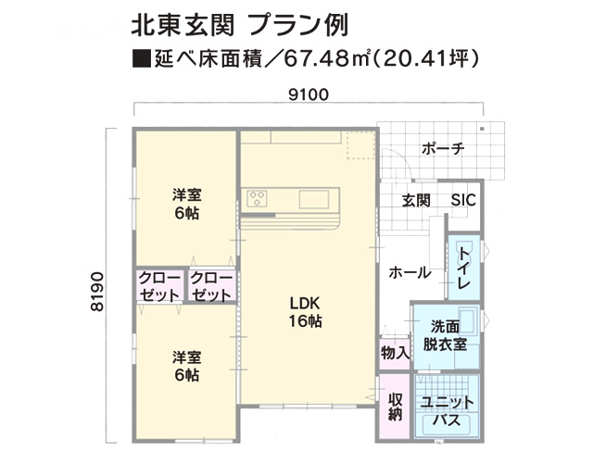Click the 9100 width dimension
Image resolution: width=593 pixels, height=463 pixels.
[309, 94]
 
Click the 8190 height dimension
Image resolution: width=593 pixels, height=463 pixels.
[97, 292]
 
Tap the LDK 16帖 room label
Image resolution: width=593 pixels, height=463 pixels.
[305, 312]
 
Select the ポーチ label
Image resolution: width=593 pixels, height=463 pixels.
[443, 148]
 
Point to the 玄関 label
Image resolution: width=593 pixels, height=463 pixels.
[416, 200]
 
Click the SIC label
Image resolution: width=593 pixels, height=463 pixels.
[463, 200]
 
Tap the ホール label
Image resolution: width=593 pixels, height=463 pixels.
[410, 272]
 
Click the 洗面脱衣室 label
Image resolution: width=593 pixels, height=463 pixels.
[445, 335]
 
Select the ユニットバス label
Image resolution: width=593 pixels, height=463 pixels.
[447, 411]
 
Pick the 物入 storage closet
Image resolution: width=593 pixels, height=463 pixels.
[395, 354]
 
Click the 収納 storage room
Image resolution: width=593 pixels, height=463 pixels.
[396, 407]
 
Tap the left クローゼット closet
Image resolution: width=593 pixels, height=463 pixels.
[159, 286]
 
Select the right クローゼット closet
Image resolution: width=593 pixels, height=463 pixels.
[212, 286]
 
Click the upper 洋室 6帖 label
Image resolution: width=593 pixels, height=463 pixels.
[186, 204]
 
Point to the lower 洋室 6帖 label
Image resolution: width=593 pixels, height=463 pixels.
[186, 366]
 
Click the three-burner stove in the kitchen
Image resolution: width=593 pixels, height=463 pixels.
[258, 198]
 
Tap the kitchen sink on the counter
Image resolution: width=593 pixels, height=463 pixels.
[314, 200]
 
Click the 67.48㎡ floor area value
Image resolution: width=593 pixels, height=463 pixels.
[326, 58]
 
